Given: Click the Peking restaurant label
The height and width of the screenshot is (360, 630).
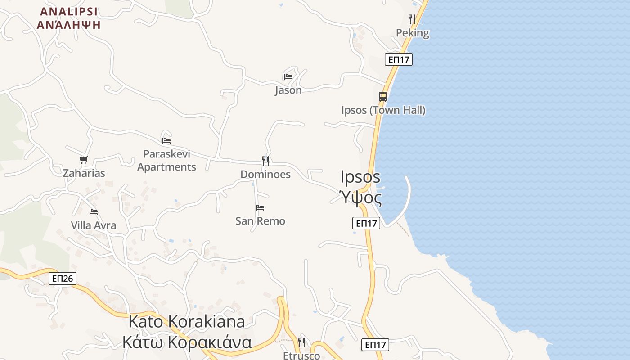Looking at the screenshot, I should point(412,33).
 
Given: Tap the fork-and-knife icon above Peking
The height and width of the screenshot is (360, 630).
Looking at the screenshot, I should point(412,19).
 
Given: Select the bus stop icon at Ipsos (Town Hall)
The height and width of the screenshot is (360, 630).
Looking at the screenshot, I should point(383,97).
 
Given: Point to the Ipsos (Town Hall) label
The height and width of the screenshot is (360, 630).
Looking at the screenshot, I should point(383,110).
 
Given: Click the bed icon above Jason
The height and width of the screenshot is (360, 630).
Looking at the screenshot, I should point(288,77).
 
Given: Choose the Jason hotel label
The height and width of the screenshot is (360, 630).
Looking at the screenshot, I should point(288,90).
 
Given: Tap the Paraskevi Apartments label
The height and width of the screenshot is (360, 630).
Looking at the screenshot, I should point(166,161).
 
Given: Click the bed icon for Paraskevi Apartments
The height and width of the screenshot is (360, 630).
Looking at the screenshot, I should point(166,140).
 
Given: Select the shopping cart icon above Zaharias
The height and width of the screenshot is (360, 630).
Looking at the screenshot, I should point(83,160).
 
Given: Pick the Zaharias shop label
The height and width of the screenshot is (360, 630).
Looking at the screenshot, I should point(84,173).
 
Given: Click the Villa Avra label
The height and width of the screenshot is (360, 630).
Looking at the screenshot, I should point(94,225).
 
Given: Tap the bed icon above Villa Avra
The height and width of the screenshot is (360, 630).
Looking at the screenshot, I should point(94,212).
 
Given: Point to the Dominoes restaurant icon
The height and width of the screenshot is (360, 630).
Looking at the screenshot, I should point(265,161).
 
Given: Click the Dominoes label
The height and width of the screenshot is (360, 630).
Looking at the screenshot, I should point(265,175).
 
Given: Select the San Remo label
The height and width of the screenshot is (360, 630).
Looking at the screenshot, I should point(260,221).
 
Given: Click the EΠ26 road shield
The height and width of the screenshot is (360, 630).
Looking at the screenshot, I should point(63,279).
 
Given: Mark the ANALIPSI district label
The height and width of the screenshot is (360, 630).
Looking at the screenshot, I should point(69,12).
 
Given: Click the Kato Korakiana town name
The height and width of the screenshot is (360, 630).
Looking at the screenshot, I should point(187,322).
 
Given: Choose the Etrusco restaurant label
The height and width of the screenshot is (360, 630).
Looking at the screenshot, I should point(301,355).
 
